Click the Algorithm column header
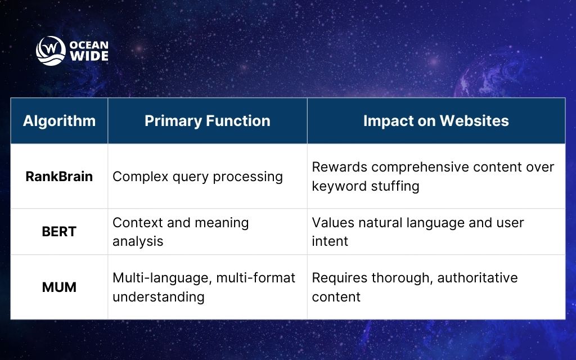pos(59,121)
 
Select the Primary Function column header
pos(207,121)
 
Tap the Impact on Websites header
pos(436,121)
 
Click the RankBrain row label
pos(59,176)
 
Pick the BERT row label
pos(59,232)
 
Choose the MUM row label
pos(59,287)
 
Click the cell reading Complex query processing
pos(197,177)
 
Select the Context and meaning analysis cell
pos(181,232)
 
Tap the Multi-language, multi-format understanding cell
pos(204,287)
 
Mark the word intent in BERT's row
pos(330,241)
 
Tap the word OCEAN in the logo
pos(89,45)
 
